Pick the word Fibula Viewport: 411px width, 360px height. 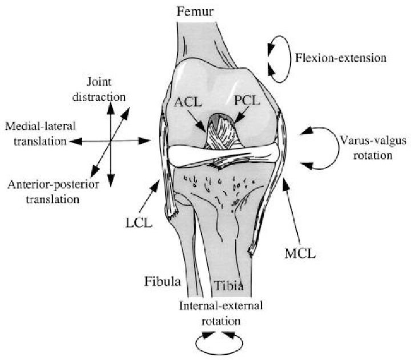[161, 282]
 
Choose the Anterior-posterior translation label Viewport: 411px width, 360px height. [44, 192]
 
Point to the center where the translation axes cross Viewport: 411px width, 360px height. [111, 141]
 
